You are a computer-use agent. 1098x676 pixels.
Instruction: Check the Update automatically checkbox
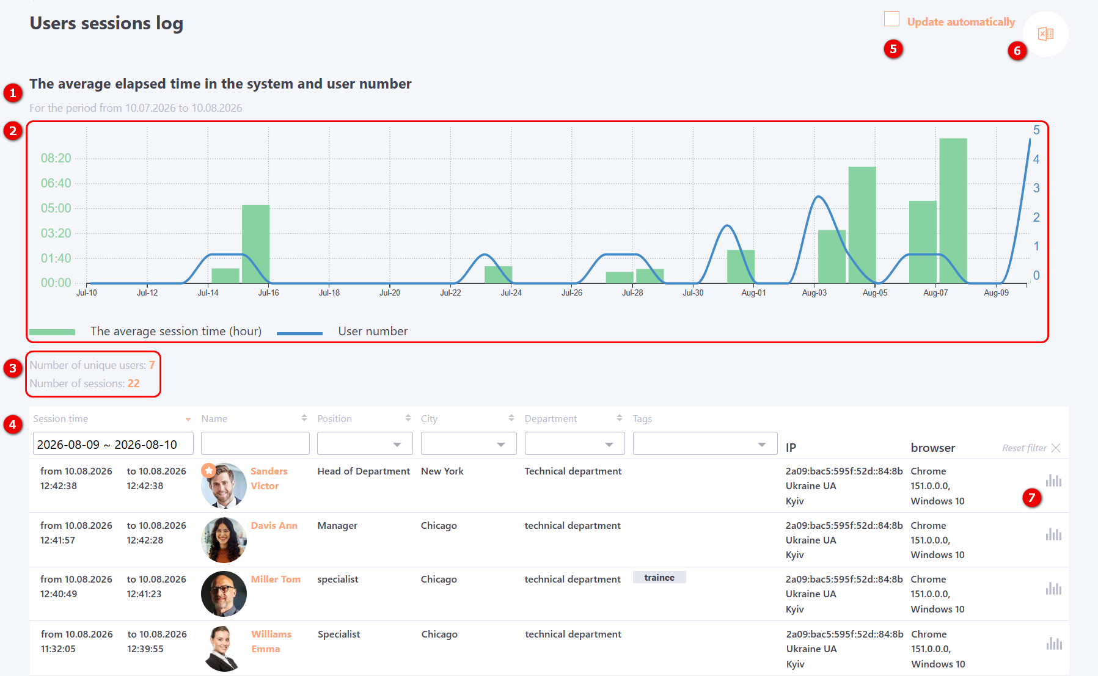coord(891,19)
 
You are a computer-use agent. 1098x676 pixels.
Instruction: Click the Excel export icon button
coord(1045,34)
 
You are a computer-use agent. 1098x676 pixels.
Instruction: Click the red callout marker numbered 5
coord(893,49)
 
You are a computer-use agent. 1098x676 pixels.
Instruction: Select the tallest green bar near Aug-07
coord(953,211)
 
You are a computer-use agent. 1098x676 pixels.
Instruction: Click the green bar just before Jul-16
coord(255,244)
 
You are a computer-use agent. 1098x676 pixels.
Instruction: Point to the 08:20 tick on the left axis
coord(56,158)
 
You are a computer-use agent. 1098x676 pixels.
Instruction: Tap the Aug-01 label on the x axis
coord(753,293)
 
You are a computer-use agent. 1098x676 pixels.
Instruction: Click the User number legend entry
coord(342,332)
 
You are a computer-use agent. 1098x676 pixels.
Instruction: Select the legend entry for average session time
coord(145,332)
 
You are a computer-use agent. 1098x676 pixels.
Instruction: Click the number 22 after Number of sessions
coord(134,383)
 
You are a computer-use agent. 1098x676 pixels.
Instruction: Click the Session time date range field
coord(113,444)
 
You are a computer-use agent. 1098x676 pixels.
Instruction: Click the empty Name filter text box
coord(255,443)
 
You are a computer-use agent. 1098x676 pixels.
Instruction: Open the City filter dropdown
coord(469,443)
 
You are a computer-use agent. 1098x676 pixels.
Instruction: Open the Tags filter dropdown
coord(705,443)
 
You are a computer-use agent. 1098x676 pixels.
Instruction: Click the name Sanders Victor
coord(269,479)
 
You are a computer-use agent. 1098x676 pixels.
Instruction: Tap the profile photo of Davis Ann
coord(224,540)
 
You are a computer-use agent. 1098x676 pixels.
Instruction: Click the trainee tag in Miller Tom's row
coord(659,578)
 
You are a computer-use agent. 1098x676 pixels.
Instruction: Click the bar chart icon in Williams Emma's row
coord(1054,643)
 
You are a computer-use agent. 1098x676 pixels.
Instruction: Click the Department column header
coord(551,419)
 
